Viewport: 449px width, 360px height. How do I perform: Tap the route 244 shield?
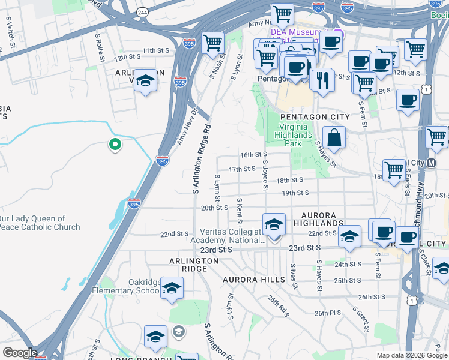click(x=142, y=12)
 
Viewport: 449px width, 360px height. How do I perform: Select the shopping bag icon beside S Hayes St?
click(x=334, y=137)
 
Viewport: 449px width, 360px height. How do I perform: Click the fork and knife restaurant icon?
click(x=322, y=80)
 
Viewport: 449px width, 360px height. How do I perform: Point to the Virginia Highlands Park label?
click(x=295, y=135)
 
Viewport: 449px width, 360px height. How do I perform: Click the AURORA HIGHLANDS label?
click(x=322, y=218)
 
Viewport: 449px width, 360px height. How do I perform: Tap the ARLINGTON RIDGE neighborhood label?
click(x=193, y=265)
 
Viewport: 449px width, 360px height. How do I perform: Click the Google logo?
click(x=20, y=352)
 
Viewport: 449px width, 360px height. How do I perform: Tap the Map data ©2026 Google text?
click(x=411, y=355)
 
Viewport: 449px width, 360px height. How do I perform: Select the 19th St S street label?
click(x=295, y=193)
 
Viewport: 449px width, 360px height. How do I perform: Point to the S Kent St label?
click(x=239, y=208)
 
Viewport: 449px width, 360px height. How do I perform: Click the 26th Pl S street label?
click(x=327, y=313)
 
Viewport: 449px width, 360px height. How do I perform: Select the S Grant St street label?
click(x=363, y=320)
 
